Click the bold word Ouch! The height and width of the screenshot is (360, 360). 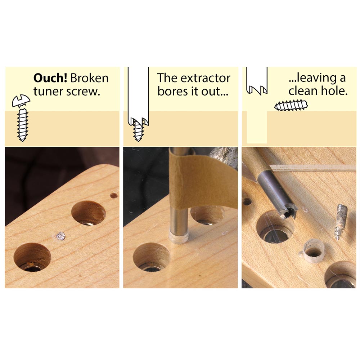point(50,78)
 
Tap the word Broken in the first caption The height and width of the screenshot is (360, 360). point(90,78)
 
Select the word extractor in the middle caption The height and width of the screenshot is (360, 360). point(205,78)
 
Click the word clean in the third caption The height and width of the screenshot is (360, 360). point(303,91)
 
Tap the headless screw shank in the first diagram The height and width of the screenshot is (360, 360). point(22,125)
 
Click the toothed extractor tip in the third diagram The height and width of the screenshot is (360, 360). point(257,90)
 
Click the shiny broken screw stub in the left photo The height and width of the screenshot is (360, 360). point(61,236)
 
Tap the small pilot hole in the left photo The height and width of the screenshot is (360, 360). point(114,196)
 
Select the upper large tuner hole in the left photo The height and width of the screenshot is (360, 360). point(89,213)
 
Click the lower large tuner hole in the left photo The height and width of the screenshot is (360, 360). point(32,257)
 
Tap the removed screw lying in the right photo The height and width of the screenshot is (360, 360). point(340,222)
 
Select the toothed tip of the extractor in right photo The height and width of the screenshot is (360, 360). point(288,211)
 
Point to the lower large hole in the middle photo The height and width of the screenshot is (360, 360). point(152,257)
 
